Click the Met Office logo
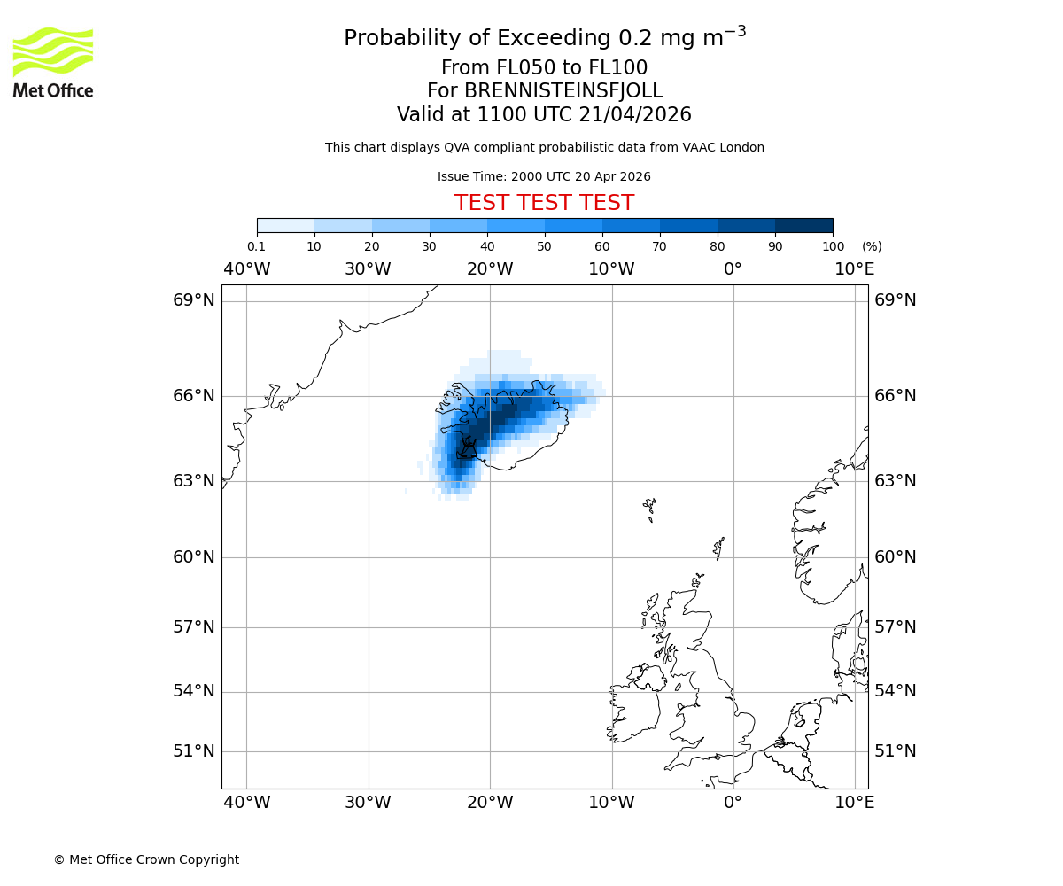click(53, 62)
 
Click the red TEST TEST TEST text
click(544, 203)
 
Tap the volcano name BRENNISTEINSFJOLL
click(563, 91)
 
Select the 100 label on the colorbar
click(833, 246)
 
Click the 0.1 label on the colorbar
click(257, 246)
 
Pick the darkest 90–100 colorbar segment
click(803, 225)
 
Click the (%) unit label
click(872, 246)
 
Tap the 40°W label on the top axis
click(246, 268)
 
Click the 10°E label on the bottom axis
click(855, 803)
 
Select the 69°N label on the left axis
click(194, 299)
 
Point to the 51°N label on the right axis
click(896, 751)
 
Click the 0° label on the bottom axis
click(733, 803)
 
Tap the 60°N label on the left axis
click(194, 557)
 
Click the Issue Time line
click(544, 176)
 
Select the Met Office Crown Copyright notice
click(146, 859)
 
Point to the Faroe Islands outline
click(650, 508)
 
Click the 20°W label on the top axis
click(490, 268)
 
